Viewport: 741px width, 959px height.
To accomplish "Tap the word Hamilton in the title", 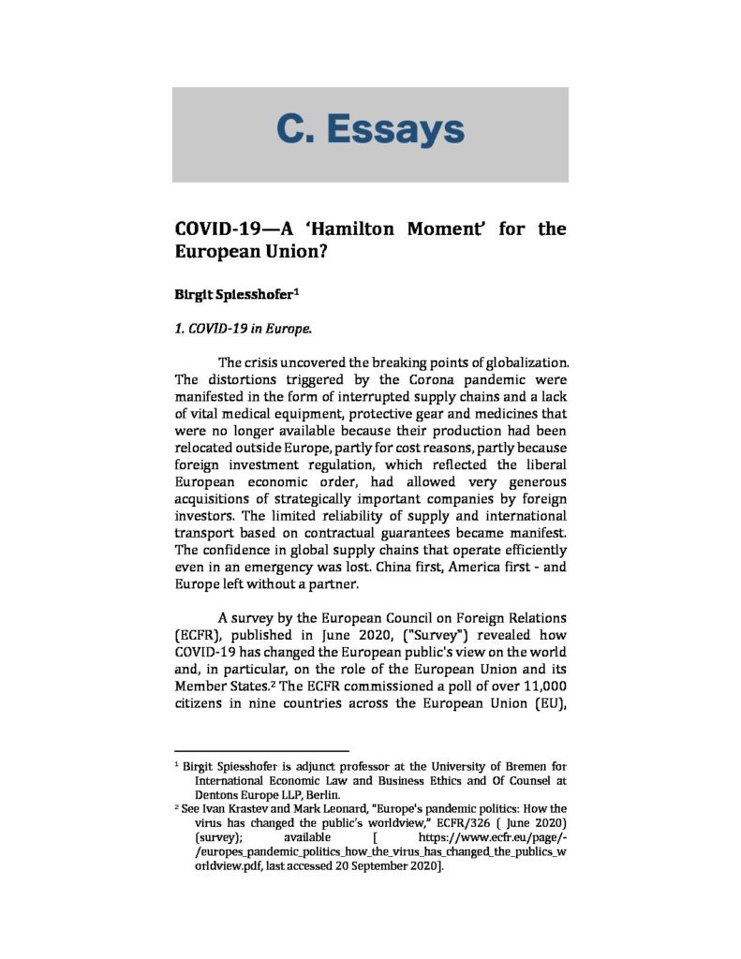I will (x=334, y=229).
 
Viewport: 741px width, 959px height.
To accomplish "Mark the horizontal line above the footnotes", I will (x=261, y=750).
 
